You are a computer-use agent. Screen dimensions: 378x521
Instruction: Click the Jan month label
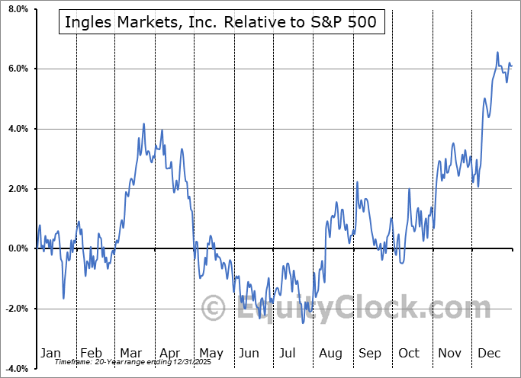[50, 353]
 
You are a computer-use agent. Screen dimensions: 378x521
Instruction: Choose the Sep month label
[370, 353]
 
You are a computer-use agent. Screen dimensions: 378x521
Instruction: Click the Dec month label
[489, 353]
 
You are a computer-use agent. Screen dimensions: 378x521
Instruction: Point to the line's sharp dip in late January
[63, 298]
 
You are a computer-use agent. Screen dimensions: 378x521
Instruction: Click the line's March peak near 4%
[143, 123]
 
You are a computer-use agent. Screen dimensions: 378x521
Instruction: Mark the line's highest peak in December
[497, 53]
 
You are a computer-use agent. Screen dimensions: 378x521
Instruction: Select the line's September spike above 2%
[357, 182]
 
